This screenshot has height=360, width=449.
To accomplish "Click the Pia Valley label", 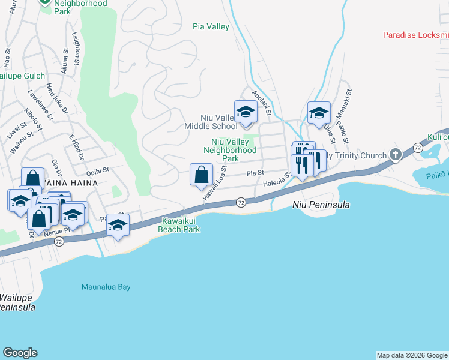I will point(211,26).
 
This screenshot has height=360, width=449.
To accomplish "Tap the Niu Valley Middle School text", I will point(211,122).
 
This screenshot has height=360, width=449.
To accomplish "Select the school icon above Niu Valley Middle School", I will point(245,112).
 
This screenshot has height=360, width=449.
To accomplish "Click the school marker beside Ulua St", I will point(319,112).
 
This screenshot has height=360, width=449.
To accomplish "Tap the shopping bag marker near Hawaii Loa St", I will point(202,175).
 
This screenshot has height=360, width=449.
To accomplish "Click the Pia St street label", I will point(255,173).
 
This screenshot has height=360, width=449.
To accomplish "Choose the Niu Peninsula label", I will point(321,205).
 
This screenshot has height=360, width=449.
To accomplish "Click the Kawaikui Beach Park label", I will point(178,225).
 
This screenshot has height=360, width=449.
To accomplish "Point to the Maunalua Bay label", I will point(106,287).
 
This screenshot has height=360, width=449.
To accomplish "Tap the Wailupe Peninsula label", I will point(18,302).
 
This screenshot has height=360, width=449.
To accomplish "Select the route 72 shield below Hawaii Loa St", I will point(240,203).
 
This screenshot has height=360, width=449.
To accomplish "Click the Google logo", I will point(20,352).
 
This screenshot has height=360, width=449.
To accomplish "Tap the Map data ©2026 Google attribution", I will point(412,355).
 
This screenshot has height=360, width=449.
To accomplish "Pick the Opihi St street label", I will point(98,171).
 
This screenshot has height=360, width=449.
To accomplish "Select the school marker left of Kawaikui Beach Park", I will point(118,226).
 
